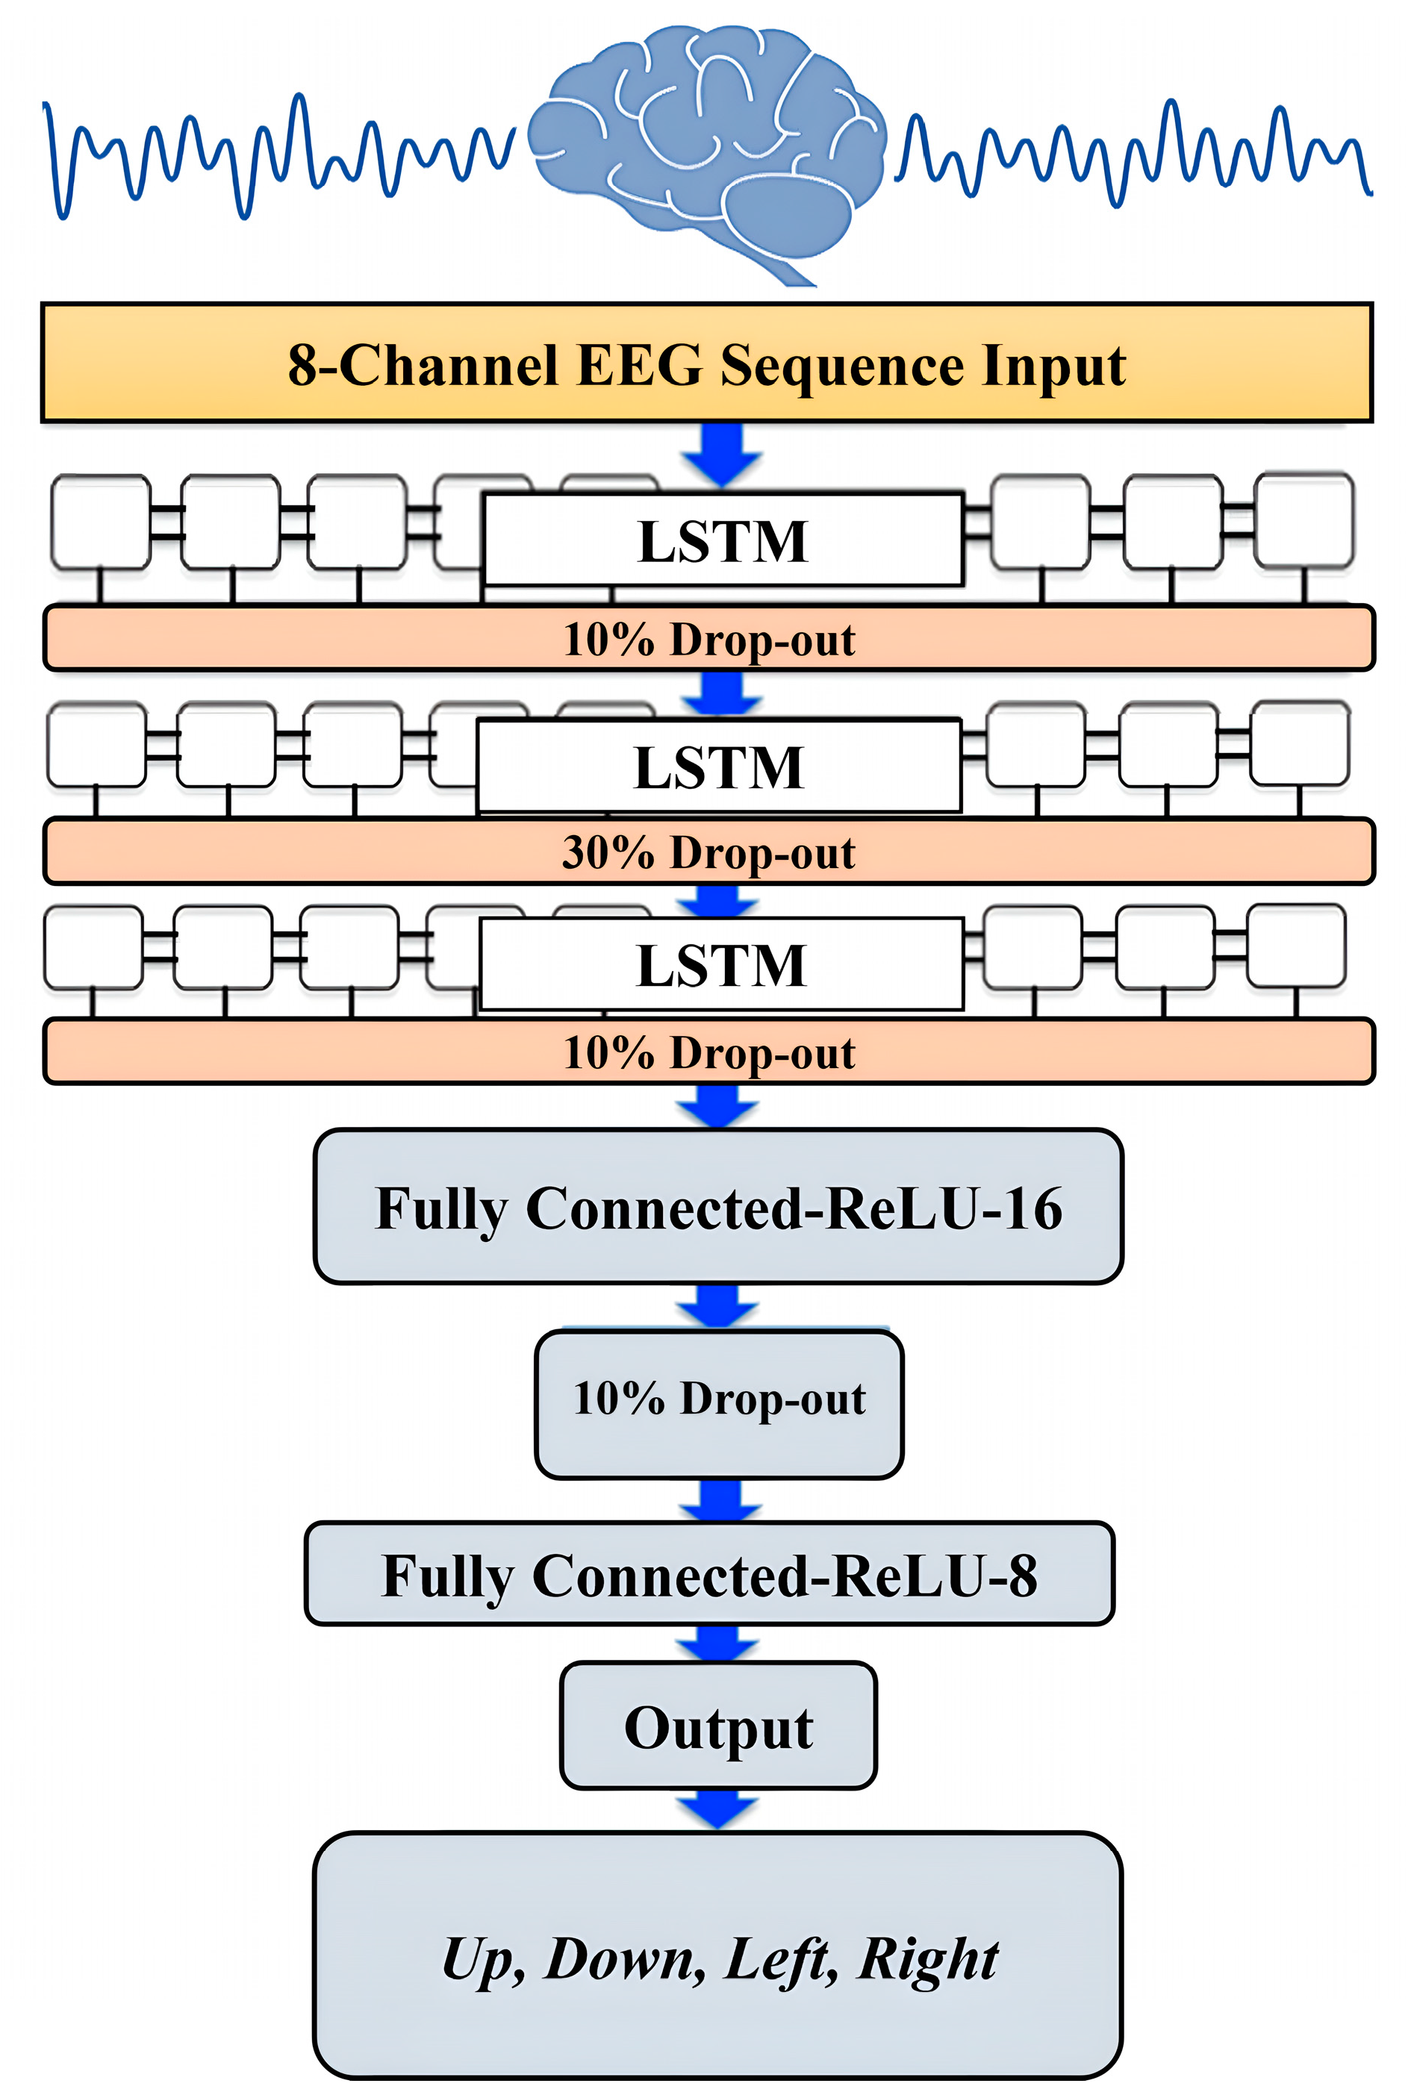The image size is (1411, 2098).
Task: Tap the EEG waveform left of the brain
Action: [279, 153]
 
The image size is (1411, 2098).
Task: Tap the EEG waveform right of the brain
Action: [1134, 153]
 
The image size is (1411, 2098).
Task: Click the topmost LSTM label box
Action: [723, 540]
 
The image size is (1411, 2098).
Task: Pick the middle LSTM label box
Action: [718, 767]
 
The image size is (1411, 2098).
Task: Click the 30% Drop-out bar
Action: [708, 851]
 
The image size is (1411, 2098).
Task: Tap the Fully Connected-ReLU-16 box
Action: [718, 1206]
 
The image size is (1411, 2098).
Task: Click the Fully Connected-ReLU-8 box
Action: [709, 1574]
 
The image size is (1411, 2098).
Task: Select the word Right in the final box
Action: [927, 1959]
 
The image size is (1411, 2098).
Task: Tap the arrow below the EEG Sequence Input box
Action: [722, 455]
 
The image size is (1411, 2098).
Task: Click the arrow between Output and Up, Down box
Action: [717, 1808]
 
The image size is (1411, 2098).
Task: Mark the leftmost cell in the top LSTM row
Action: [101, 522]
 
